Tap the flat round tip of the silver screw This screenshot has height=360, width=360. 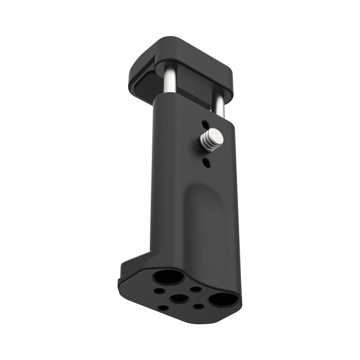coord(216,136)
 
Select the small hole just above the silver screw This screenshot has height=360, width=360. coord(206,124)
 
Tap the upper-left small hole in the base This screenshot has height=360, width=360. coord(160,291)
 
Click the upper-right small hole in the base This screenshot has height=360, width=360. coord(196,289)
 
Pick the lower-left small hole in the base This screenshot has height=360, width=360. coord(163,308)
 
